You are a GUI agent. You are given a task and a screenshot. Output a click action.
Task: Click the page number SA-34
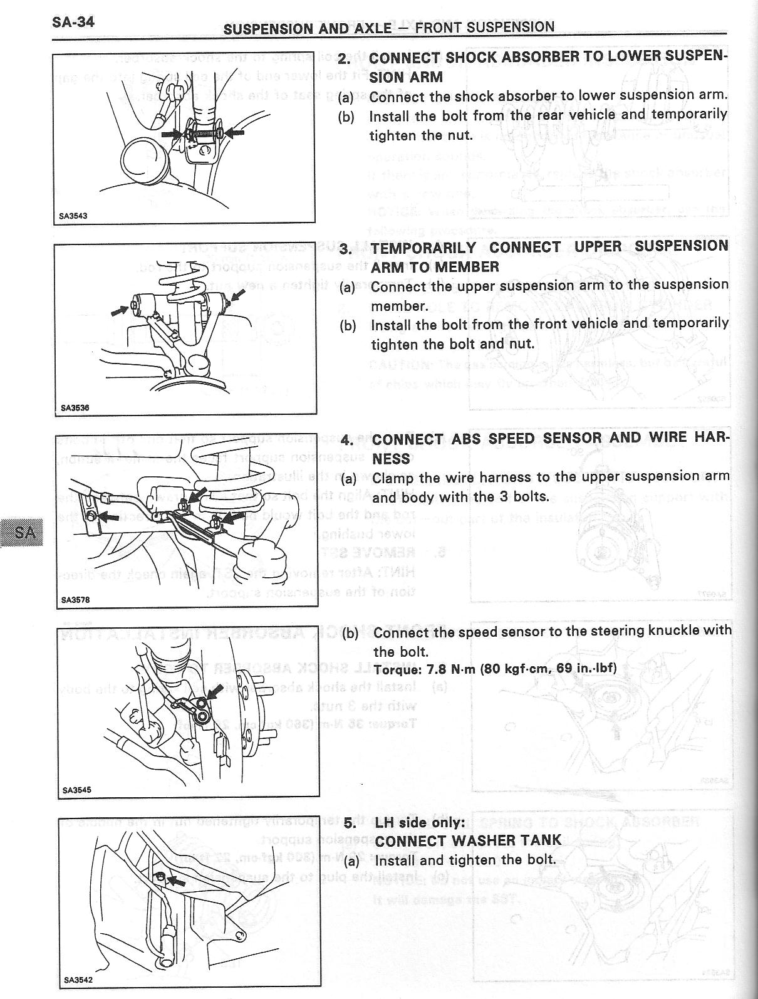pos(73,23)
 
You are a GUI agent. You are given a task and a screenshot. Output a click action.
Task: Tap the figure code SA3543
pos(73,216)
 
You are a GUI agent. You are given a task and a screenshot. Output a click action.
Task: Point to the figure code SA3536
pos(75,407)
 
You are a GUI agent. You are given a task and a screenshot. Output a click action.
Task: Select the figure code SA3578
pos(75,600)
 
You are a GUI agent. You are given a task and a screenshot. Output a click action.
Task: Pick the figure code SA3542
pos(79,980)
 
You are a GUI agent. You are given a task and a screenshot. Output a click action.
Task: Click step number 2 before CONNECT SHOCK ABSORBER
pos(343,59)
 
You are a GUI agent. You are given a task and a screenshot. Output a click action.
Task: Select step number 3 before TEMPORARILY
pos(346,249)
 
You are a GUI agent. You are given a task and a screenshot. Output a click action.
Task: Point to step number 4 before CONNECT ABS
pos(347,440)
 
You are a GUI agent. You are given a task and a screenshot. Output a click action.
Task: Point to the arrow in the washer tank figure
pos(177,882)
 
